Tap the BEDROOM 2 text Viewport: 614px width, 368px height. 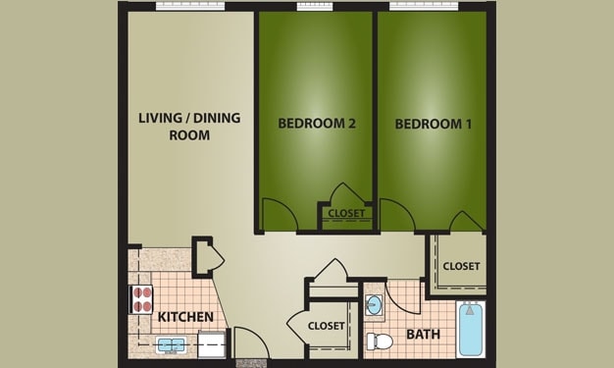click(x=316, y=124)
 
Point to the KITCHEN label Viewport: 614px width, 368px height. click(x=185, y=317)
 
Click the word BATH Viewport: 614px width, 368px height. click(x=423, y=335)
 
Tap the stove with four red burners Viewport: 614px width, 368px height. click(x=142, y=297)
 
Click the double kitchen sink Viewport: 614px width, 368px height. click(x=173, y=344)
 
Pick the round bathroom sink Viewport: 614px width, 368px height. click(x=375, y=304)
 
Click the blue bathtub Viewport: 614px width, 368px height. click(x=471, y=329)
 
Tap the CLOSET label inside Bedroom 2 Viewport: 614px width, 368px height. click(x=346, y=213)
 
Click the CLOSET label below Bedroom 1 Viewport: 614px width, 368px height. click(x=461, y=266)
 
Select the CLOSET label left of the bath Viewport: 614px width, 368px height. click(x=326, y=326)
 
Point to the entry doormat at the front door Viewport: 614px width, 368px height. click(x=251, y=363)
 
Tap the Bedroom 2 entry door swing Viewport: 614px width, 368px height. click(x=277, y=214)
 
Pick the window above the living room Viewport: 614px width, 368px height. click(x=162, y=6)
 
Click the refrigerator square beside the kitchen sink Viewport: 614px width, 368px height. click(x=212, y=345)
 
